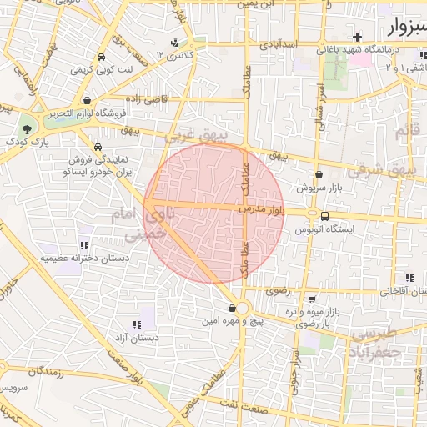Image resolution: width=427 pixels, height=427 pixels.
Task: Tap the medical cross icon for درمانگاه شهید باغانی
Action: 358,38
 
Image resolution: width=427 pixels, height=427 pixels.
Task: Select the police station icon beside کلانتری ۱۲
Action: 173,43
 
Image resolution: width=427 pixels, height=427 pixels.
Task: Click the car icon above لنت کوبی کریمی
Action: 100,58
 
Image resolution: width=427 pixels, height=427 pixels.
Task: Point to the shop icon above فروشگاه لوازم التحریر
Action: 87,99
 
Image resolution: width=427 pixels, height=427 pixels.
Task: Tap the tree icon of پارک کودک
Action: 28,128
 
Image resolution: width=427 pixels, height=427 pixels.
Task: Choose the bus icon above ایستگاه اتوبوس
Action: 324,216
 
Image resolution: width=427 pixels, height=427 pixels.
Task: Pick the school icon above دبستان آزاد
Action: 136,324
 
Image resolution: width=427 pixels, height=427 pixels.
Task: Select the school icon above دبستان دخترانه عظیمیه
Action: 83,245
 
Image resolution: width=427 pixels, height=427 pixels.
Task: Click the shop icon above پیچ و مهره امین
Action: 231,309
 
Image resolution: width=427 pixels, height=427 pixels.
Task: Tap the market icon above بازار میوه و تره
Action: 311,299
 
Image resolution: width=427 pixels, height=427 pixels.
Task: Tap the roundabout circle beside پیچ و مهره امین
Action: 243,309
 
